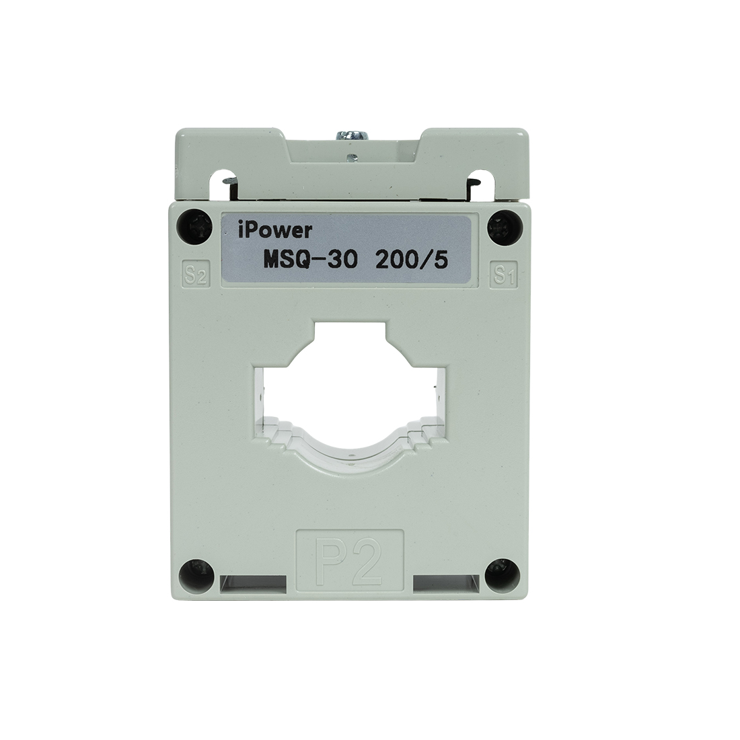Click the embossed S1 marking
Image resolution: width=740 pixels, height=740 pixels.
coord(505,274)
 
